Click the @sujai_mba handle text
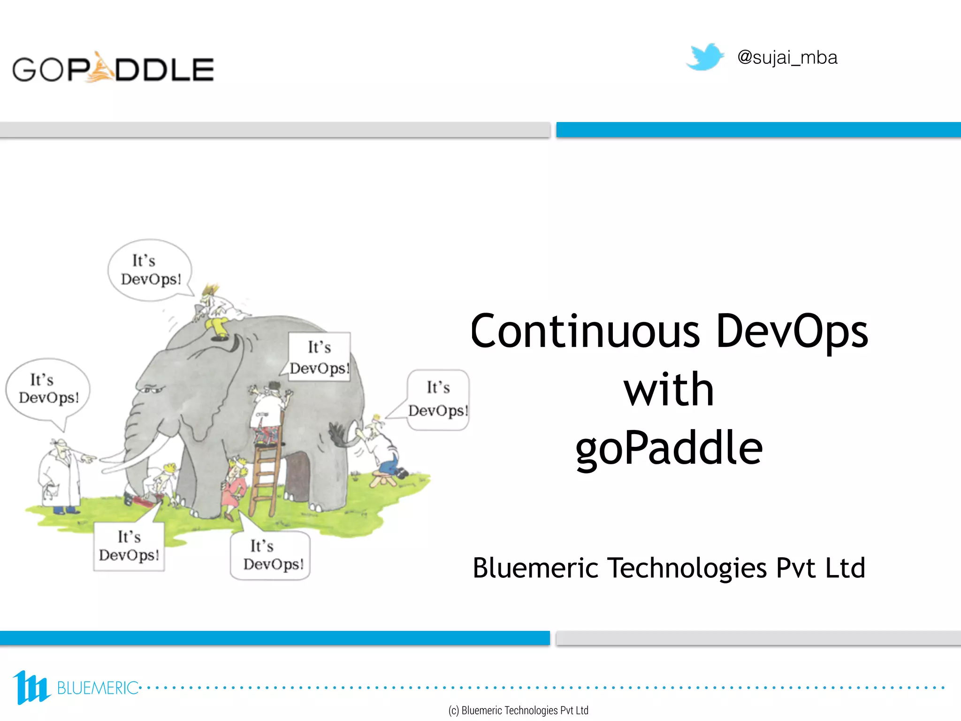tap(787, 58)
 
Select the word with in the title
tap(669, 390)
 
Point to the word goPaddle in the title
tap(669, 448)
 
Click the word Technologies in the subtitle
tap(686, 568)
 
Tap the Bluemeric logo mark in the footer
tap(31, 687)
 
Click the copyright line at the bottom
tap(518, 710)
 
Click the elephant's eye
tap(153, 389)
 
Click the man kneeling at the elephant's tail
tap(382, 448)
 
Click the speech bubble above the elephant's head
tap(150, 270)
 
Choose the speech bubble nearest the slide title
tap(438, 399)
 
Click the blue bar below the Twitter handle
tap(758, 130)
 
